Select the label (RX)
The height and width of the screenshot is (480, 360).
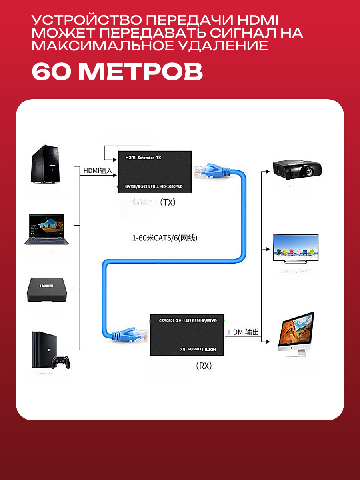point(204,366)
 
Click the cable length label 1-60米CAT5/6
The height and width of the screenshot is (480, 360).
point(165,238)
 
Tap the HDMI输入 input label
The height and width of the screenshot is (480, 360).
point(98,171)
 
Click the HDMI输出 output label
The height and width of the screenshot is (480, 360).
point(244,332)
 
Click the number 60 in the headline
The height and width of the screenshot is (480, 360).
point(51,72)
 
